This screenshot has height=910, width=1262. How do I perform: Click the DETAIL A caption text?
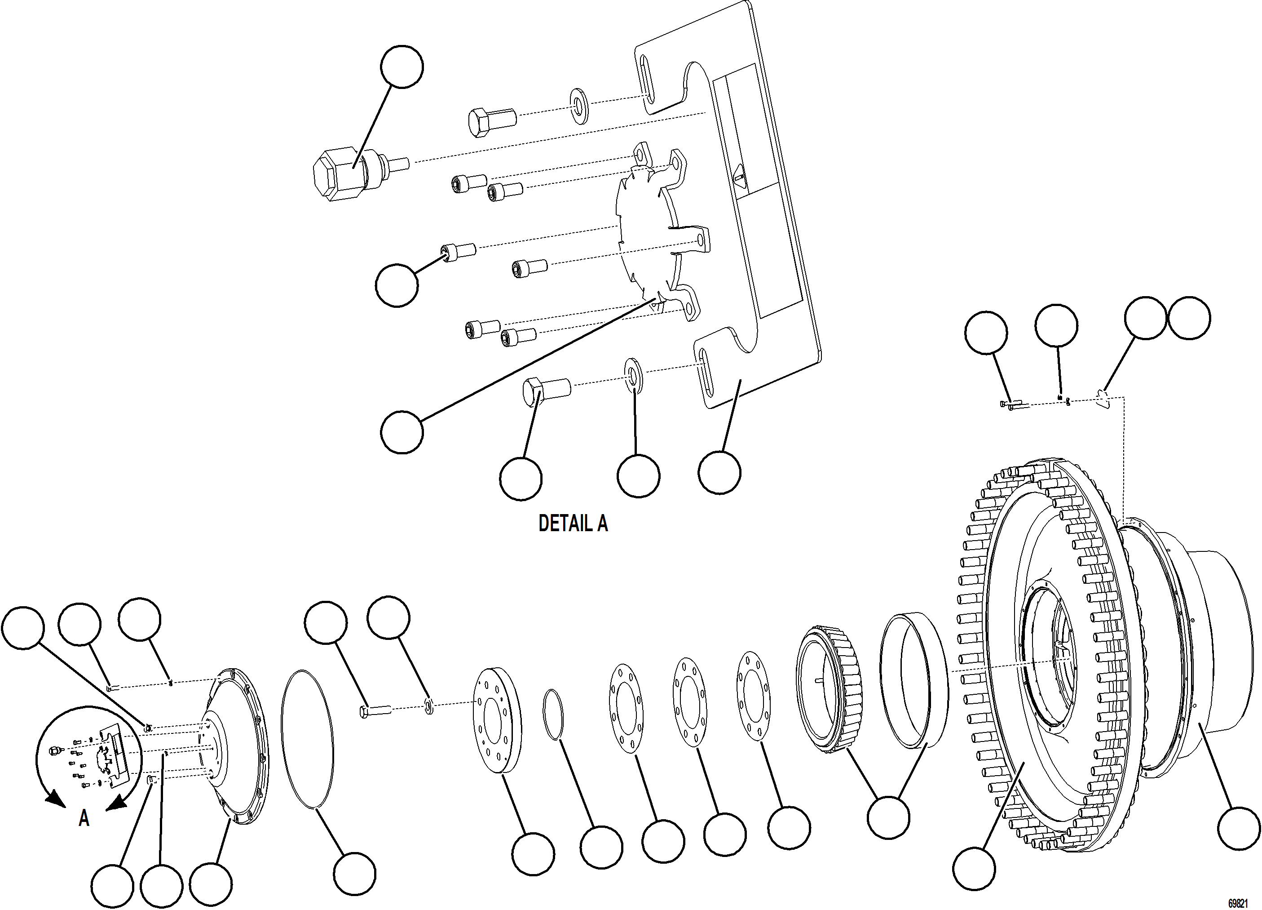pos(573,523)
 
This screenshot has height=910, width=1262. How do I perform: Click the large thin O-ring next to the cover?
pos(308,738)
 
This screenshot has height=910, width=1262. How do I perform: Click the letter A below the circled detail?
pos(84,818)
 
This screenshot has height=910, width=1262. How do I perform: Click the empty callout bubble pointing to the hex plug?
pos(402,67)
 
